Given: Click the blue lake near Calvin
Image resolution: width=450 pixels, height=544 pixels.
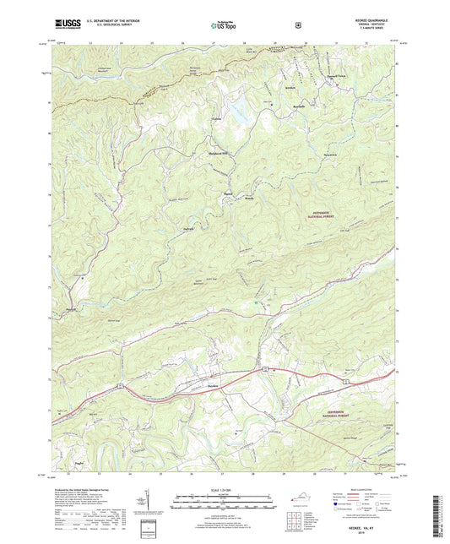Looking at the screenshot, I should point(239,108).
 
